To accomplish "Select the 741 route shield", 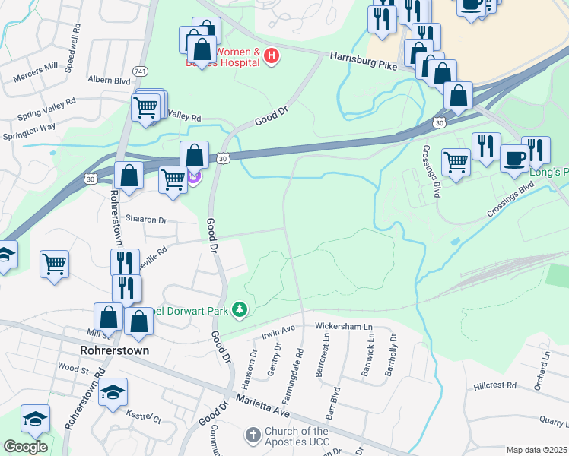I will point(140,71).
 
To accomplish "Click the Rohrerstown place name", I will point(113,351).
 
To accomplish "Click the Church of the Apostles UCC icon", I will point(253,435).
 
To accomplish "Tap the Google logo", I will point(25,447).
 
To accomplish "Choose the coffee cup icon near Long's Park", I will point(514,158).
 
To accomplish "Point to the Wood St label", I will point(73,369).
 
